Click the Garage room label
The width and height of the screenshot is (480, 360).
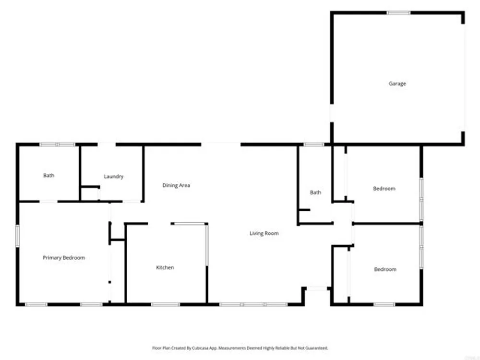pyautogui.click(x=397, y=84)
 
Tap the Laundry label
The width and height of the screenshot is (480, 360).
pyautogui.click(x=114, y=176)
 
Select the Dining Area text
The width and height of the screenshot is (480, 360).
pyautogui.click(x=176, y=185)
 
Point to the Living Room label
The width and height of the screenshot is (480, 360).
pyautogui.click(x=264, y=233)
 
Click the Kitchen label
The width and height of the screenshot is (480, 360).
pyautogui.click(x=165, y=267)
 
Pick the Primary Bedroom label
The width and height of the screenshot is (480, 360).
pyautogui.click(x=64, y=258)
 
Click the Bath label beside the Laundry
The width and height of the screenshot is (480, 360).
pyautogui.click(x=48, y=175)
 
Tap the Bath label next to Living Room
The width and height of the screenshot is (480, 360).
pyautogui.click(x=315, y=192)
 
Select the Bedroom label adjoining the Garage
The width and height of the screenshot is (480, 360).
pyautogui.click(x=384, y=189)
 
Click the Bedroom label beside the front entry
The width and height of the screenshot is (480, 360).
pyautogui.click(x=385, y=269)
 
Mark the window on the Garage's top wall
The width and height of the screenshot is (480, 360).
pyautogui.click(x=398, y=13)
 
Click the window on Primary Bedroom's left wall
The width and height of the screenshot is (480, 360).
pyautogui.click(x=17, y=236)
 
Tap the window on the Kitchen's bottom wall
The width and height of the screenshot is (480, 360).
pyautogui.click(x=165, y=305)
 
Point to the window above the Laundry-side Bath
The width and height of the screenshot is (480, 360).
pyautogui.click(x=58, y=144)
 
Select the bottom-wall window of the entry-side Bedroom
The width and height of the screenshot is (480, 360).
pyautogui.click(x=384, y=305)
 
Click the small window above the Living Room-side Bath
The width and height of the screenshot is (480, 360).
pyautogui.click(x=314, y=144)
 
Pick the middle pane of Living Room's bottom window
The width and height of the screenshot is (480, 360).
pyautogui.click(x=253, y=305)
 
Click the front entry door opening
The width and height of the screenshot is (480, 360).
pyautogui.click(x=317, y=288)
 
